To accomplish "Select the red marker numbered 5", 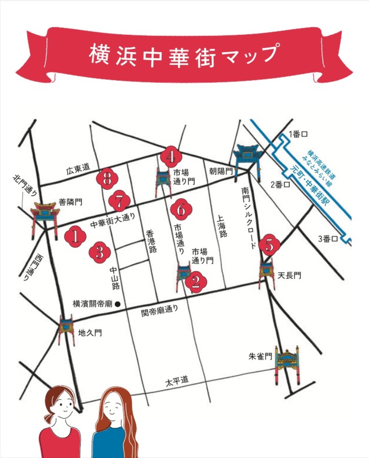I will click(x=270, y=245).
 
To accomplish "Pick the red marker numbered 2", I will click(x=196, y=282).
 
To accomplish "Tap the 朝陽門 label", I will click(x=221, y=171).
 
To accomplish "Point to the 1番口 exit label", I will click(x=298, y=134).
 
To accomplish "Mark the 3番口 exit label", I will click(x=328, y=239).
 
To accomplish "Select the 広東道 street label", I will click(x=78, y=169).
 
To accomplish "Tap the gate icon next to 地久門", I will click(x=66, y=328).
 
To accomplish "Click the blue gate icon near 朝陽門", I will click(x=248, y=159).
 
